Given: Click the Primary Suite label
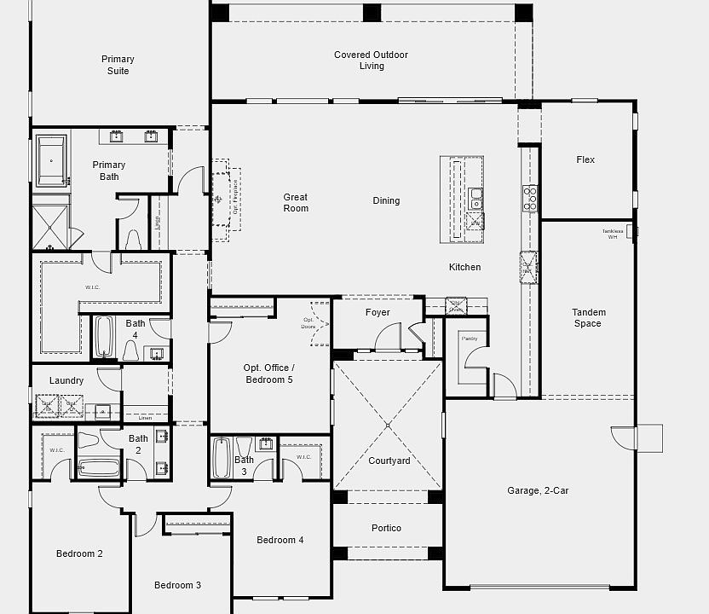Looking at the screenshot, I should click(118, 65).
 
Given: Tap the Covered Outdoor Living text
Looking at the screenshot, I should click(371, 61).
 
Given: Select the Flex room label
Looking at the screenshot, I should click(585, 159).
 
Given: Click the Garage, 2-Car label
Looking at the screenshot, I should click(538, 490).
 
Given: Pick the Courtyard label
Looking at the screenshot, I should click(389, 460).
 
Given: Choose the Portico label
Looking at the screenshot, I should click(386, 528).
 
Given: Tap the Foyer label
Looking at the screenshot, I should click(378, 312).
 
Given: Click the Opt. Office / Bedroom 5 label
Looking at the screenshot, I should click(269, 374).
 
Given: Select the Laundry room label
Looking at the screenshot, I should click(66, 380).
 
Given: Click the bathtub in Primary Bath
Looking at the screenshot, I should click(51, 160).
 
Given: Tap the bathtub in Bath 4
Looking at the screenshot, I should click(103, 338).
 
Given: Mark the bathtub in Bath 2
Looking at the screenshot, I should click(99, 468).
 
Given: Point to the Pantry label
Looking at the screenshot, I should click(470, 339).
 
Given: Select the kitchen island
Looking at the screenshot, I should click(461, 199).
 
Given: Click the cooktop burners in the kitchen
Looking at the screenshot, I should click(529, 198).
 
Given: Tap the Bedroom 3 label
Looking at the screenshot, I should click(177, 585).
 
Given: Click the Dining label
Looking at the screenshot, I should click(386, 200).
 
